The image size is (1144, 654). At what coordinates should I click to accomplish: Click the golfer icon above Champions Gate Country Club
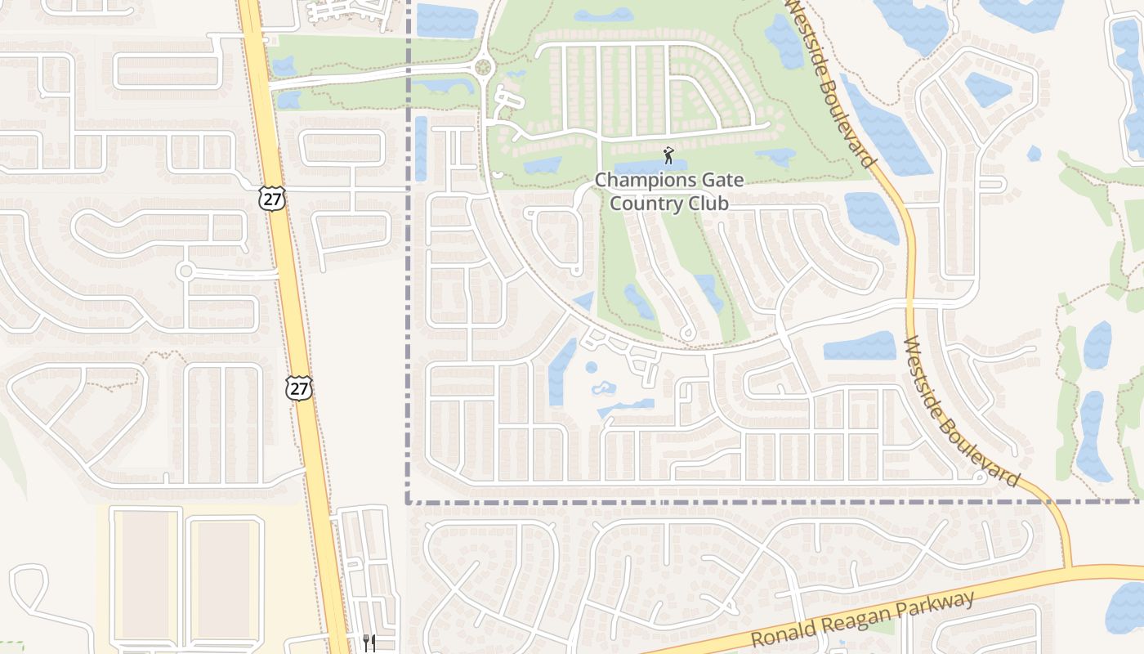[669, 155]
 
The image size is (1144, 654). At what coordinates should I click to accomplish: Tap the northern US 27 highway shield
[272, 197]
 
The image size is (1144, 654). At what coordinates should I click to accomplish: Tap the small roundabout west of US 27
[185, 271]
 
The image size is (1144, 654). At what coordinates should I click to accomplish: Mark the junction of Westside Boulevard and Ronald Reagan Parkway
[1067, 567]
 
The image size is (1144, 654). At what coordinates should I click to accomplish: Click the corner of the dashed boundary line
[408, 502]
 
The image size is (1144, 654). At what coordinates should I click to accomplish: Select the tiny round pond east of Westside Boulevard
[1034, 153]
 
